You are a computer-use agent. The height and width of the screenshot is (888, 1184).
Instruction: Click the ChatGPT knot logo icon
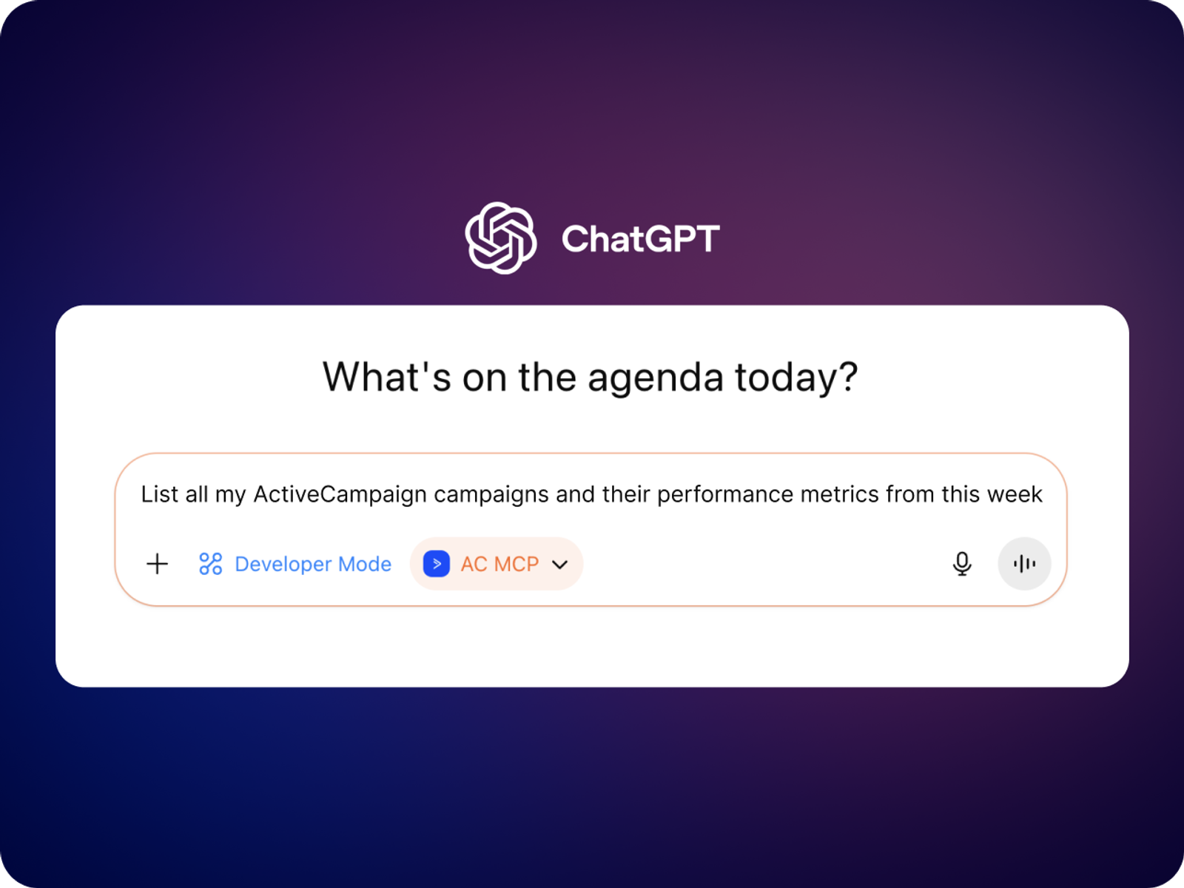click(500, 238)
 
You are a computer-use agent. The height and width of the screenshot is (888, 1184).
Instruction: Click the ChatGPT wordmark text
click(640, 239)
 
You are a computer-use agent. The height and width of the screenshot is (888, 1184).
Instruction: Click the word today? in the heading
click(797, 377)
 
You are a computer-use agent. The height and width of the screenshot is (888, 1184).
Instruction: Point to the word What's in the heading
click(386, 377)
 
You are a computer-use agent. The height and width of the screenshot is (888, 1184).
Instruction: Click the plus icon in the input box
click(158, 564)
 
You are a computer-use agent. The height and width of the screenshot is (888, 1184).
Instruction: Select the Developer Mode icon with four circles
click(210, 564)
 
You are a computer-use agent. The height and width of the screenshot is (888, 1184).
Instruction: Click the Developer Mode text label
click(313, 564)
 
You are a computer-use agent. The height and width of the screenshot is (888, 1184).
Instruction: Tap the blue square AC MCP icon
click(437, 564)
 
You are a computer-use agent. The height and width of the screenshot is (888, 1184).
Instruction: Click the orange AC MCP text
click(499, 564)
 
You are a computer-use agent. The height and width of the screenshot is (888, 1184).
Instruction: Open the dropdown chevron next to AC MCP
click(560, 565)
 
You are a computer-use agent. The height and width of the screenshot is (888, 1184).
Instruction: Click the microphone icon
click(962, 564)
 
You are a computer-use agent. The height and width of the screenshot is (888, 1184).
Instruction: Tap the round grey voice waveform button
click(1024, 564)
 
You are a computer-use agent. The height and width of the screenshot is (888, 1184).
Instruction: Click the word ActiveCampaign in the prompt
click(340, 495)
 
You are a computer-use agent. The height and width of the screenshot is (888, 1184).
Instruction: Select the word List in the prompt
click(159, 494)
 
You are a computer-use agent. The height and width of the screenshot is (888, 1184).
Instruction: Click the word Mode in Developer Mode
click(365, 564)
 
